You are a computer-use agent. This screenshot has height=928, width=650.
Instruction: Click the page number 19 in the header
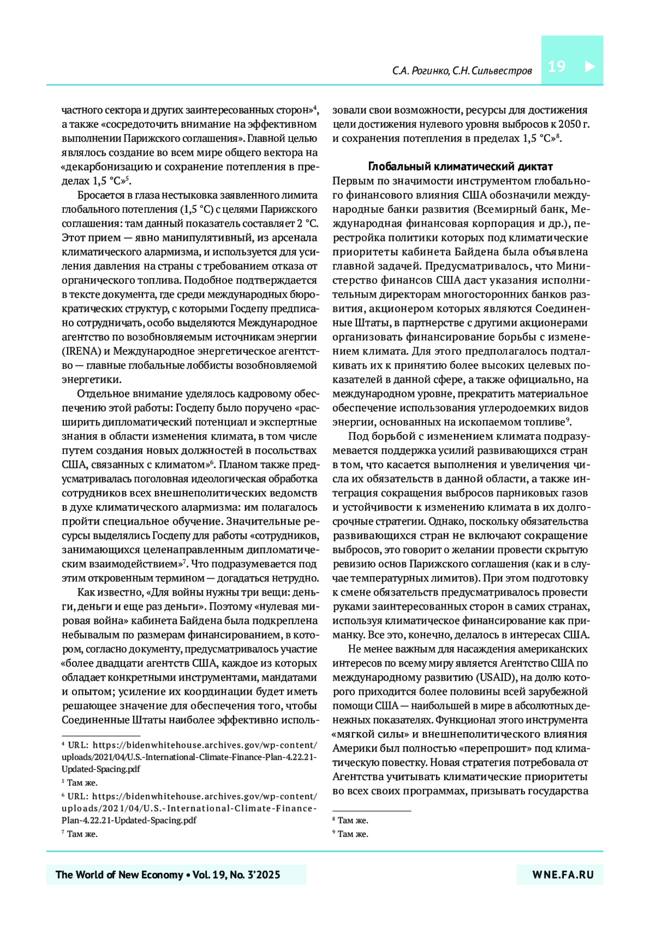point(556,67)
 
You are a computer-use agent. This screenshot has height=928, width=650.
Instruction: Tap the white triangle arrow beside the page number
point(590,67)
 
